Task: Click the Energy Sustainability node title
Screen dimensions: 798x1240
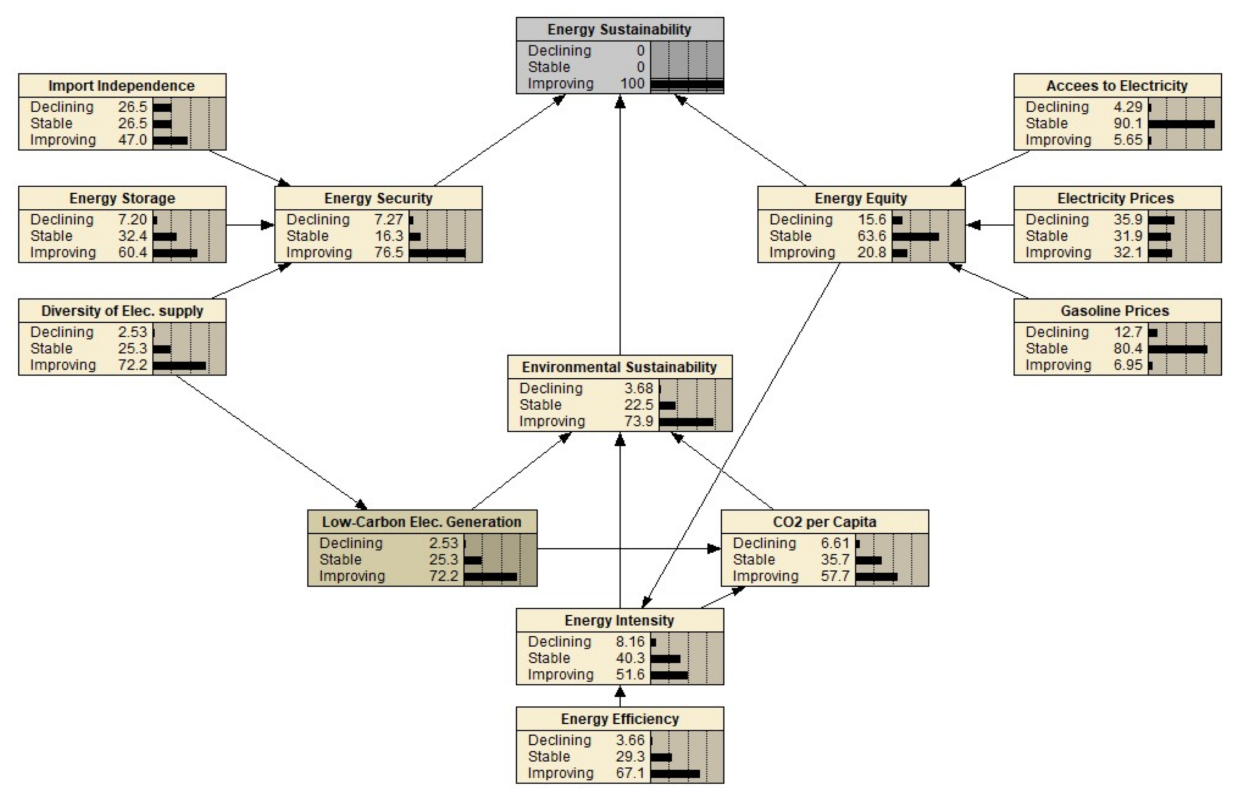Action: pos(619,30)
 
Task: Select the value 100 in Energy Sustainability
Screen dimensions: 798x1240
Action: pos(632,83)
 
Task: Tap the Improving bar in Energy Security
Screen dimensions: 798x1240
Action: pos(436,253)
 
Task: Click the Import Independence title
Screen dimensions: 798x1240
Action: pos(122,86)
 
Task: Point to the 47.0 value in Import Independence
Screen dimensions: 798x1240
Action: pos(133,140)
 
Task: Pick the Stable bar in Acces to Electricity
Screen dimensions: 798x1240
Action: pos(1181,124)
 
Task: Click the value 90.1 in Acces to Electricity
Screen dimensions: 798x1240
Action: pos(1127,124)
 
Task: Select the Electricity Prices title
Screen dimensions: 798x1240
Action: pos(1115,198)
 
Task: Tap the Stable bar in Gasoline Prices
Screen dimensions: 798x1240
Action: pos(1177,349)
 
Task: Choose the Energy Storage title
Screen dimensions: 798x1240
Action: pos(122,198)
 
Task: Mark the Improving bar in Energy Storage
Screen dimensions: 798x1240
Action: pos(175,253)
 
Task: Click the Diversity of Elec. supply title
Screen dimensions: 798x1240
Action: pos(122,311)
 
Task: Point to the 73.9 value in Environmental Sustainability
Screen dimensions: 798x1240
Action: pos(638,421)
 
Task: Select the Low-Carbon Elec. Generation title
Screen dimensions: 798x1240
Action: pos(422,522)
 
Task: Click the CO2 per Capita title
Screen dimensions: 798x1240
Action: pos(825,522)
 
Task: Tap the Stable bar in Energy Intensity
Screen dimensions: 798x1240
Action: pos(665,659)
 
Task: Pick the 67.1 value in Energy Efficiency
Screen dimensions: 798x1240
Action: pos(630,773)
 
